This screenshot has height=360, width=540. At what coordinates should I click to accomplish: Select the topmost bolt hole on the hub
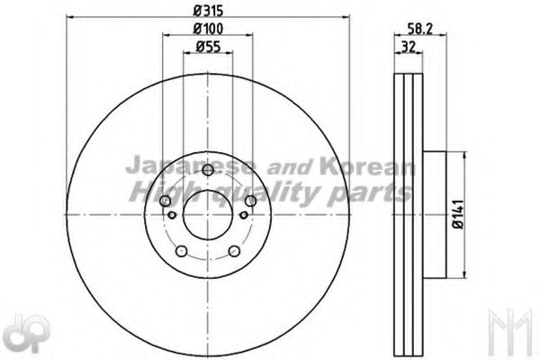tap(208, 171)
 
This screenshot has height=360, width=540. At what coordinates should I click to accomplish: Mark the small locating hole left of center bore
tap(171, 215)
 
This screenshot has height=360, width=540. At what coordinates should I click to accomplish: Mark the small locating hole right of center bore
tap(245, 215)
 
